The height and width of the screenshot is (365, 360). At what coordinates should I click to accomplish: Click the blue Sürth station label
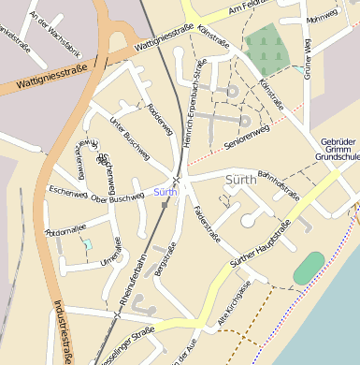point(165,192)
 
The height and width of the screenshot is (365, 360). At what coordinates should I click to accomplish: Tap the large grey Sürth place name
point(241,178)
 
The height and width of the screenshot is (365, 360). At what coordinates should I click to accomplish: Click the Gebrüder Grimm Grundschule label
point(339,150)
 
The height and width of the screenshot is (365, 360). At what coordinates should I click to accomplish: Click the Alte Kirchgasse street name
point(235,305)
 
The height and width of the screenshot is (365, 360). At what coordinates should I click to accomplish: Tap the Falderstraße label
point(207,224)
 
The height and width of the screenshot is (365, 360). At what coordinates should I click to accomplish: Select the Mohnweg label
point(321,16)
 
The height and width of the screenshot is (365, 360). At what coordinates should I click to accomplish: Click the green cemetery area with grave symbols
point(266,45)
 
